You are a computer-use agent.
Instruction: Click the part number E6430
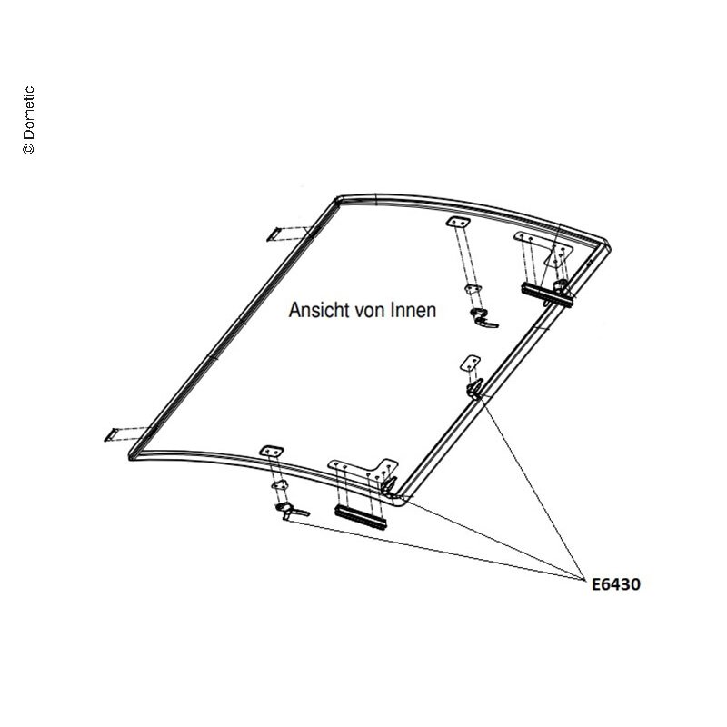[x=616, y=584]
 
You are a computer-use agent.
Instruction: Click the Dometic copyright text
[x=28, y=120]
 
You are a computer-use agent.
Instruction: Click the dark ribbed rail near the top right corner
[x=546, y=294]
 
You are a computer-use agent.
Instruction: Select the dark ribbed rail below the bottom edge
[x=360, y=516]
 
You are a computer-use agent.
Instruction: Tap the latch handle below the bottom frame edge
[x=291, y=511]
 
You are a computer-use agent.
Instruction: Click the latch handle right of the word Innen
[x=483, y=319]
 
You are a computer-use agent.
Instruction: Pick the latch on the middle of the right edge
[x=474, y=388]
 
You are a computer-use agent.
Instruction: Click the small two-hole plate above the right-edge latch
[x=470, y=363]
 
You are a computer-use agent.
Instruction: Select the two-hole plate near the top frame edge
[x=458, y=223]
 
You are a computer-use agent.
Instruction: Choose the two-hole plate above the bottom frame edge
[x=272, y=451]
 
